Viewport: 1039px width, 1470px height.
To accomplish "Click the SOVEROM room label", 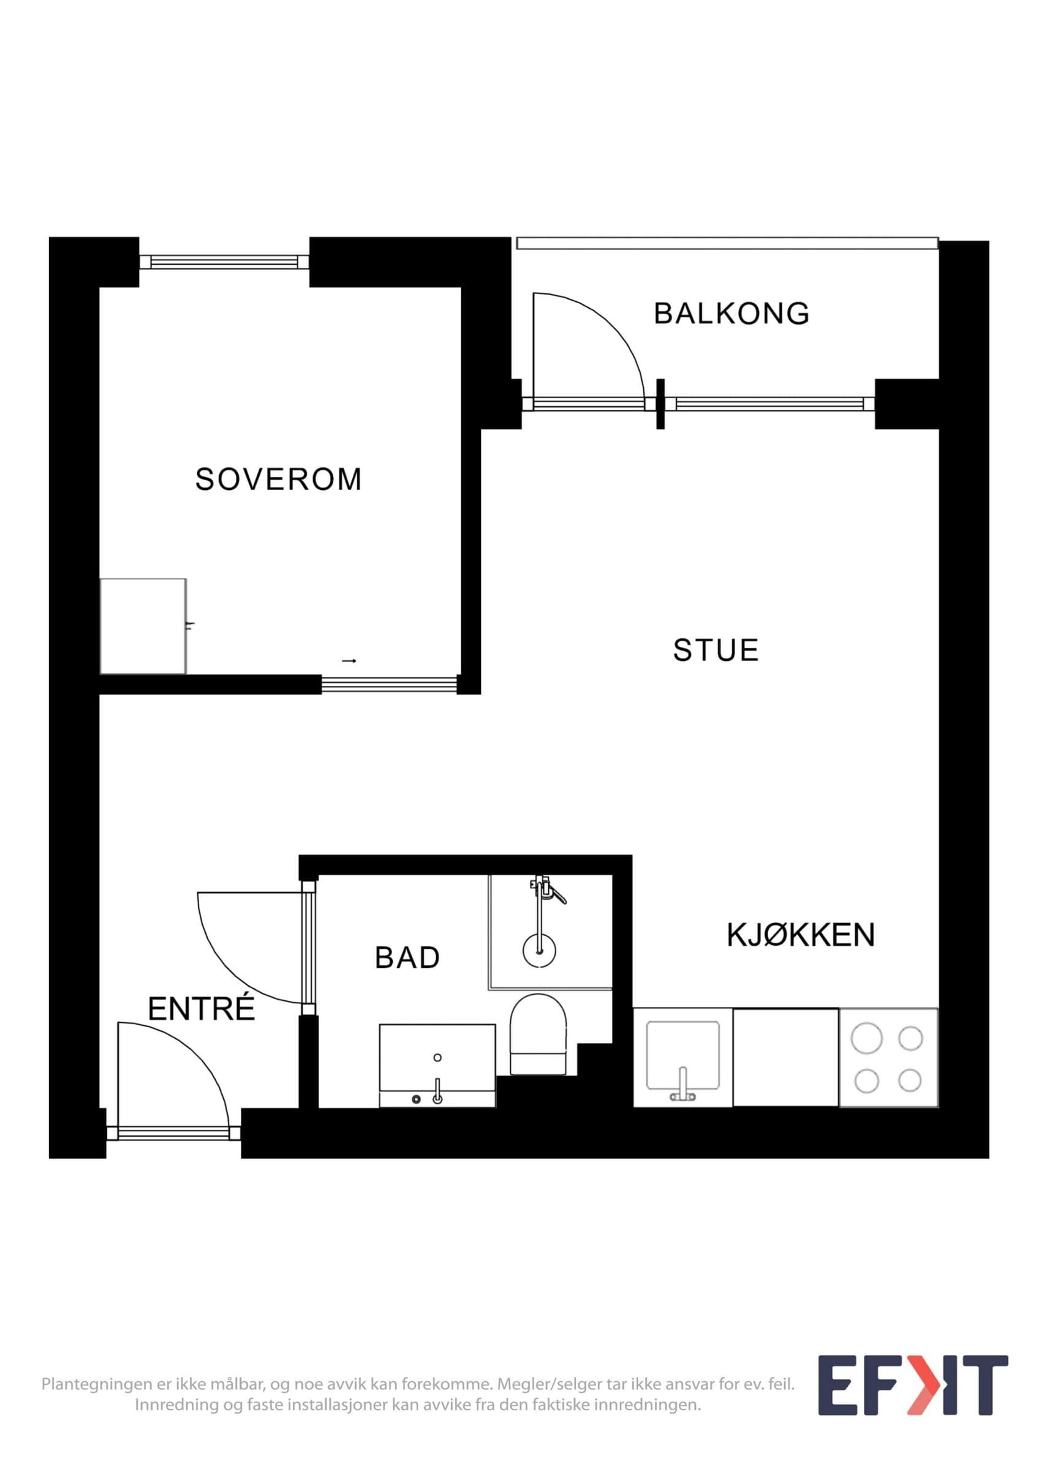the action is (279, 480).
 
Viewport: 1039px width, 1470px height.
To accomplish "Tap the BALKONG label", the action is (731, 314).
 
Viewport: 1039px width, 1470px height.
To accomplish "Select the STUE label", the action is (716, 650).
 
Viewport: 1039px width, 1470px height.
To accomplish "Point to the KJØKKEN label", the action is (801, 935).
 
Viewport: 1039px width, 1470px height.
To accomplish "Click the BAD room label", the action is (407, 958).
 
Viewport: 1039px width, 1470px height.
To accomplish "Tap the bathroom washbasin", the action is (437, 1065).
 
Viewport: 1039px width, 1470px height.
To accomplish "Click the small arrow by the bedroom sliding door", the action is (349, 661).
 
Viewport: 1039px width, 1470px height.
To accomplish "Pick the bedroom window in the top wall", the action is (225, 262).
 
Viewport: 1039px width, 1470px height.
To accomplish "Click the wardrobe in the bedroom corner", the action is (143, 626).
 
